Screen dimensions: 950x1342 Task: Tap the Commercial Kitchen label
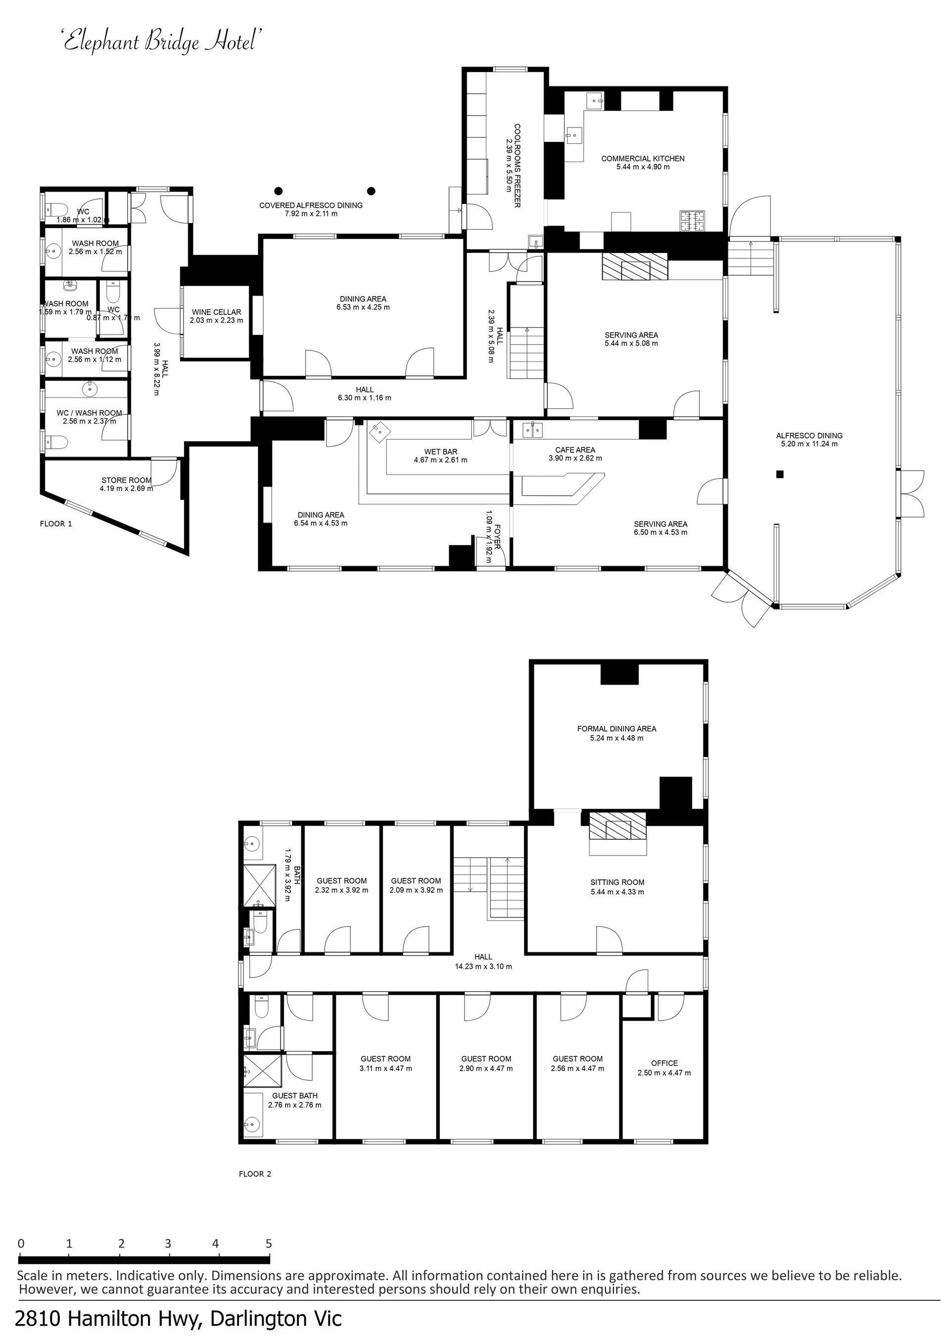click(643, 158)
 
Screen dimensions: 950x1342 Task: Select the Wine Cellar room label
click(216, 312)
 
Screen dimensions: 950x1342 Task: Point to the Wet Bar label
click(440, 452)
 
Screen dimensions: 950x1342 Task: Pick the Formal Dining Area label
click(617, 729)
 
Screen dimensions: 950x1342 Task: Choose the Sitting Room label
click(617, 883)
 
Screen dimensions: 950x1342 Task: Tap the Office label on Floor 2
click(665, 1063)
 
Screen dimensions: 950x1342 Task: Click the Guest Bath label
click(295, 1096)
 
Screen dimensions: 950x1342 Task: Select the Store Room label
click(126, 480)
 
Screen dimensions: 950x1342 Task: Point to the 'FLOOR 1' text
click(56, 524)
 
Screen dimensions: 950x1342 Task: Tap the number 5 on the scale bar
click(269, 1244)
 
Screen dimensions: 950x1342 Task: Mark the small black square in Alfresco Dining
click(779, 475)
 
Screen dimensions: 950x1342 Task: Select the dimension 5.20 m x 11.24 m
click(809, 444)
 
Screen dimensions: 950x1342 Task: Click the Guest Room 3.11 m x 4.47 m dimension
click(385, 1069)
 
